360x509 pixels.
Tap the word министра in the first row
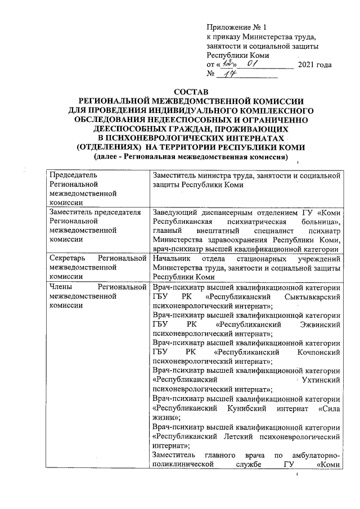213,176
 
